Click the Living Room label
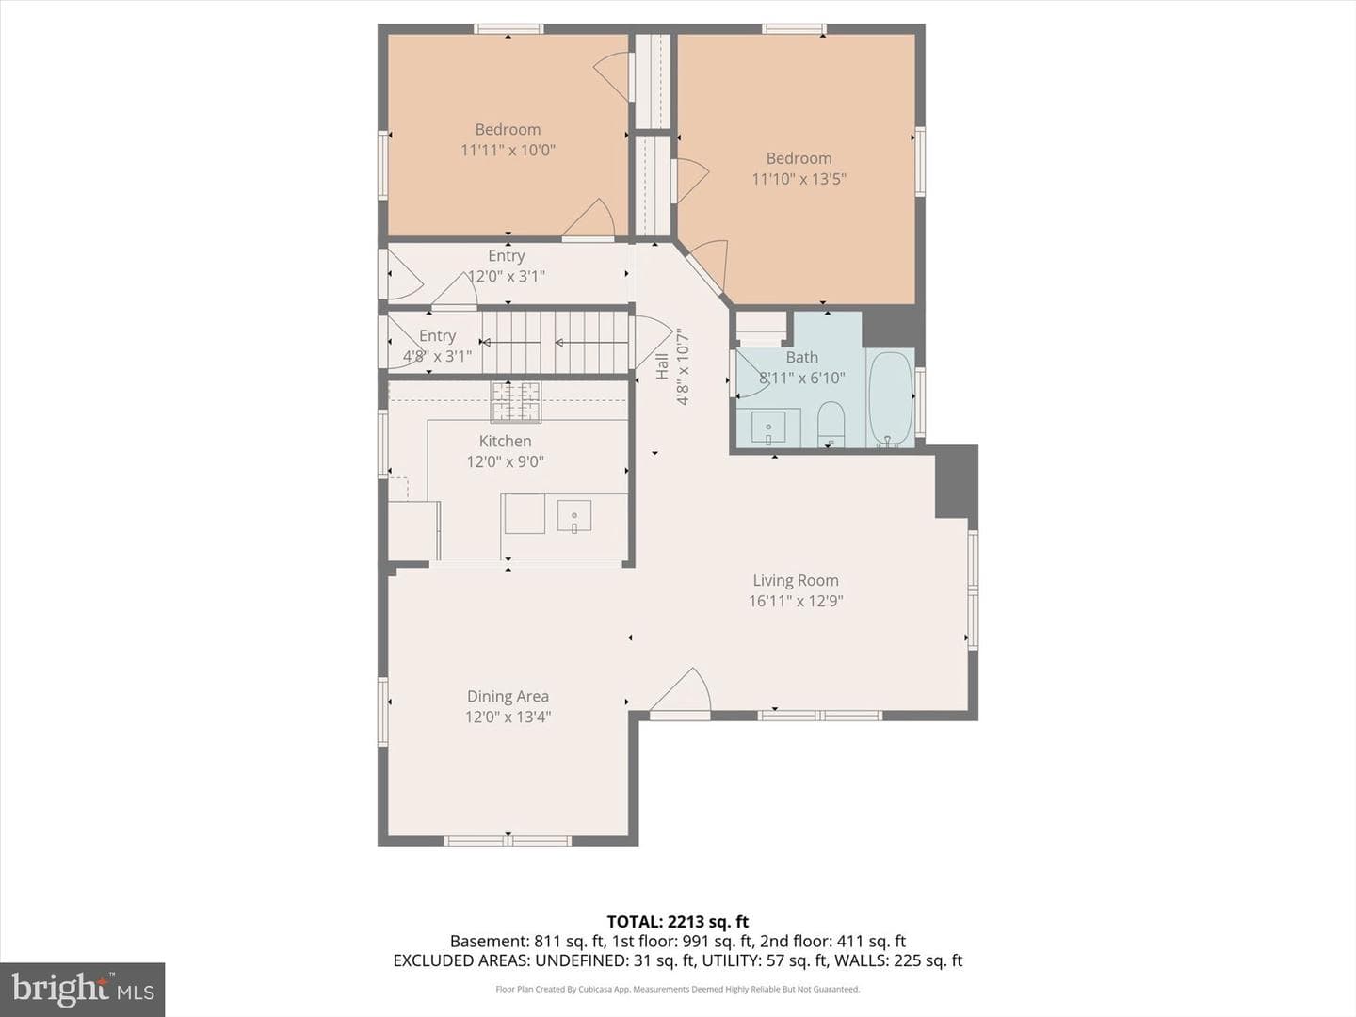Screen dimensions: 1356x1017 coord(796,580)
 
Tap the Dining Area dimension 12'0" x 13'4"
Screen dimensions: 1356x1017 coord(508,717)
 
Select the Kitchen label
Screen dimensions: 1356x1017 coord(506,441)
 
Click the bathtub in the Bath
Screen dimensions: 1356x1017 coord(890,398)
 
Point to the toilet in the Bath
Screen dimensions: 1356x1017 coord(831,424)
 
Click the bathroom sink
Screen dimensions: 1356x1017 coord(768,428)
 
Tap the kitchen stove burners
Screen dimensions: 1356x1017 coord(516,402)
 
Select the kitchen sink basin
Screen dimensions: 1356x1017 coord(573,516)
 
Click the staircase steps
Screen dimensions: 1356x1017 coord(555,342)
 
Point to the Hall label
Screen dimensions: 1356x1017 coord(662,366)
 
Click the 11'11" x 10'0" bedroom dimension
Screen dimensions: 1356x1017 coord(508,150)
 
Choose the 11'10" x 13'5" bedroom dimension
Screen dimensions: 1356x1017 coord(799,179)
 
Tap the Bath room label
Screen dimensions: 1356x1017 coord(802,357)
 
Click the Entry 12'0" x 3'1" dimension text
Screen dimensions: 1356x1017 coord(507,276)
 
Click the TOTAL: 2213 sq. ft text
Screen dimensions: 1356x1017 coord(678,922)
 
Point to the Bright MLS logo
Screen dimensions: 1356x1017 coord(82,990)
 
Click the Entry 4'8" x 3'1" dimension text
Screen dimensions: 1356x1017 coord(437,356)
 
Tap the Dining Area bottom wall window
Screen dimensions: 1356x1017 coord(508,840)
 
